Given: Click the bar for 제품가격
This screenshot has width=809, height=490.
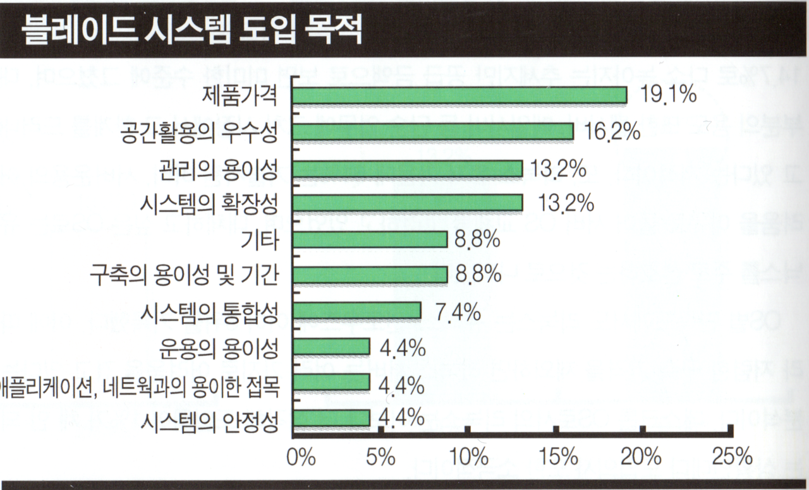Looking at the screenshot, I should [459, 95].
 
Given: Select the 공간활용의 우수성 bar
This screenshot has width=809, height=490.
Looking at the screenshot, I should [433, 131].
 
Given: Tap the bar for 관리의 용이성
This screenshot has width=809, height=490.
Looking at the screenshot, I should [408, 169].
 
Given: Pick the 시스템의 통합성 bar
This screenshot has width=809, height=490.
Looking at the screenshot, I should [357, 311].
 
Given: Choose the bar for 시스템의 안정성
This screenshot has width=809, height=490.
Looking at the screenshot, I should [331, 418].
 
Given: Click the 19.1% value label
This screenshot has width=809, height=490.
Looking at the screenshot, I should [668, 95].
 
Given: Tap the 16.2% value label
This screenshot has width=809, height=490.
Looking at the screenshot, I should [612, 132].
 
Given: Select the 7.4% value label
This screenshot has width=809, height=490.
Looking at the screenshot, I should [458, 311].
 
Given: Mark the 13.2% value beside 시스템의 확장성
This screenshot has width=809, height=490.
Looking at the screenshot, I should [566, 203].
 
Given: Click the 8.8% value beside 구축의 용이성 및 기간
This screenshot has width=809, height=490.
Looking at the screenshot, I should [478, 275].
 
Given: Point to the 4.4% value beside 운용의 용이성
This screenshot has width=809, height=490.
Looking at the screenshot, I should [402, 347].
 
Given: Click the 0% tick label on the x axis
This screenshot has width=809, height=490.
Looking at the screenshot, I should [301, 457].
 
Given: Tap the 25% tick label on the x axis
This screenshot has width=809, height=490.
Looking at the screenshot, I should [732, 457].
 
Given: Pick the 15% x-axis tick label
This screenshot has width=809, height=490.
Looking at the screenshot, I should [556, 457].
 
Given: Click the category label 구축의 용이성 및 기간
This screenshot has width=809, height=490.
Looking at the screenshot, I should [184, 275].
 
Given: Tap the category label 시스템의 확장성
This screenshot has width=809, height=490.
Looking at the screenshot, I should [209, 203].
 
